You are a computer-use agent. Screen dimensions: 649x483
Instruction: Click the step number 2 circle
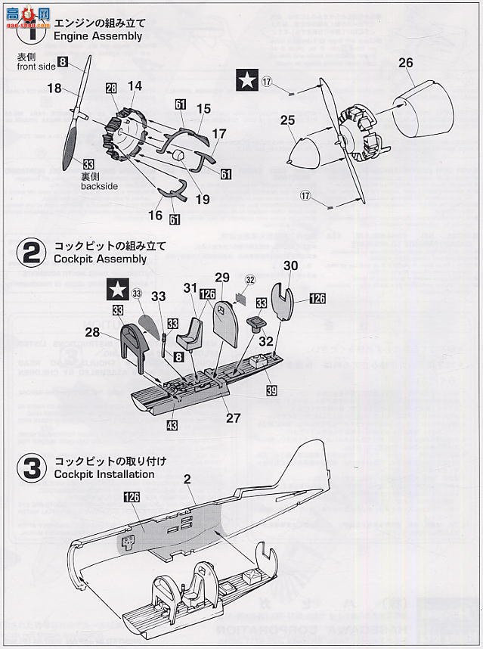[31, 253]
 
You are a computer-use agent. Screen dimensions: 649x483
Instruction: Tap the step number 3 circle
[31, 467]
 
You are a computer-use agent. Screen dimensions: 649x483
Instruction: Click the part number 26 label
[406, 63]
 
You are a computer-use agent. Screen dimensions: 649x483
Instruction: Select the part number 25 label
[287, 120]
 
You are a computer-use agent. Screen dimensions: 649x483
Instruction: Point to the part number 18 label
[54, 89]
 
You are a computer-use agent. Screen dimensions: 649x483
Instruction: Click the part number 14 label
[135, 87]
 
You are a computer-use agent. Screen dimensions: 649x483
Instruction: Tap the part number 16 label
[156, 216]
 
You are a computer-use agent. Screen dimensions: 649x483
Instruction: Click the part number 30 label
[292, 265]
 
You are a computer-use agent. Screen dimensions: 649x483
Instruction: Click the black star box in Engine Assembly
[246, 79]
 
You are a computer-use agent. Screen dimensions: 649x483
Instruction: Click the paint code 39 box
[271, 390]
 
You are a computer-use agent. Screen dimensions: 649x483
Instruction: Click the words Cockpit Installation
[104, 474]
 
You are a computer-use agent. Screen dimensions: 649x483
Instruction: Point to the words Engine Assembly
[98, 36]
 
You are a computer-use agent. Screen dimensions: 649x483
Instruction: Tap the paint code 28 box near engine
[111, 88]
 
